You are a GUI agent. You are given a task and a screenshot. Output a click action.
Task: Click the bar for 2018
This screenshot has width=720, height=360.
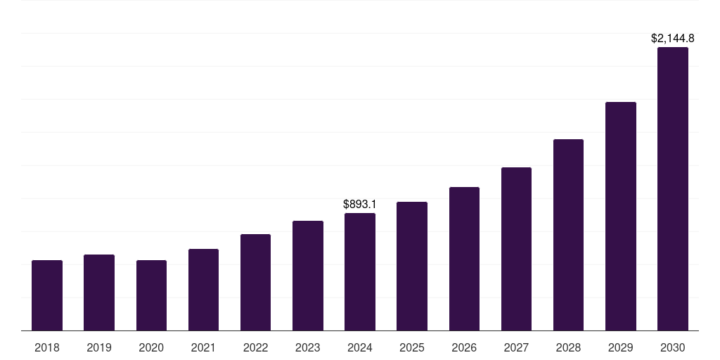click(47, 295)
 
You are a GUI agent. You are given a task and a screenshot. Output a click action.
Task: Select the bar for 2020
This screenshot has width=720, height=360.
click(151, 295)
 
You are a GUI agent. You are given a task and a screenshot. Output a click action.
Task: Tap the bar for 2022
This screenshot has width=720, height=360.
click(255, 282)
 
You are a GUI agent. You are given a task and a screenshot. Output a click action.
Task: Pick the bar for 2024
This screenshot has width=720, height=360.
click(360, 271)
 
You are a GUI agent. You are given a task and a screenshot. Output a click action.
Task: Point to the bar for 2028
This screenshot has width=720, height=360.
click(568, 235)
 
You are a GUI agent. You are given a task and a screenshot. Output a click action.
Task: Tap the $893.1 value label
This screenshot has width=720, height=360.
click(360, 204)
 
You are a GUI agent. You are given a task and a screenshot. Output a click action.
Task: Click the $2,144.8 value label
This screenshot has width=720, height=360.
click(672, 39)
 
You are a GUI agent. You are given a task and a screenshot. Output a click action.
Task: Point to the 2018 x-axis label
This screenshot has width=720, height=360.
click(47, 347)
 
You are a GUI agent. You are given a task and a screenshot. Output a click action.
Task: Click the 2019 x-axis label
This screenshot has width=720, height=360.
click(99, 347)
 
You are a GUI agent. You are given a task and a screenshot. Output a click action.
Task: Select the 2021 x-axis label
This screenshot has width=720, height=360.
click(203, 347)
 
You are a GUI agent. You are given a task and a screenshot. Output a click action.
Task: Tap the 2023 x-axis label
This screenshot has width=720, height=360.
click(307, 347)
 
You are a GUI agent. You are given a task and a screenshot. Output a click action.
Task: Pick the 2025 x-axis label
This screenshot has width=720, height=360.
click(412, 347)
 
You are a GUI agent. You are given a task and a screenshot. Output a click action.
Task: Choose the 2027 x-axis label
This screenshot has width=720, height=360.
click(516, 347)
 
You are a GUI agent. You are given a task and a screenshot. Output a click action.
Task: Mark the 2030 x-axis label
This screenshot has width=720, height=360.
click(672, 347)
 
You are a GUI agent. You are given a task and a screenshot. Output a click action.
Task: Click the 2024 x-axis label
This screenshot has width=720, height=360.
click(360, 347)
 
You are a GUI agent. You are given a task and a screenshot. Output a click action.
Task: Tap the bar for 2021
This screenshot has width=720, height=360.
click(203, 290)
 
